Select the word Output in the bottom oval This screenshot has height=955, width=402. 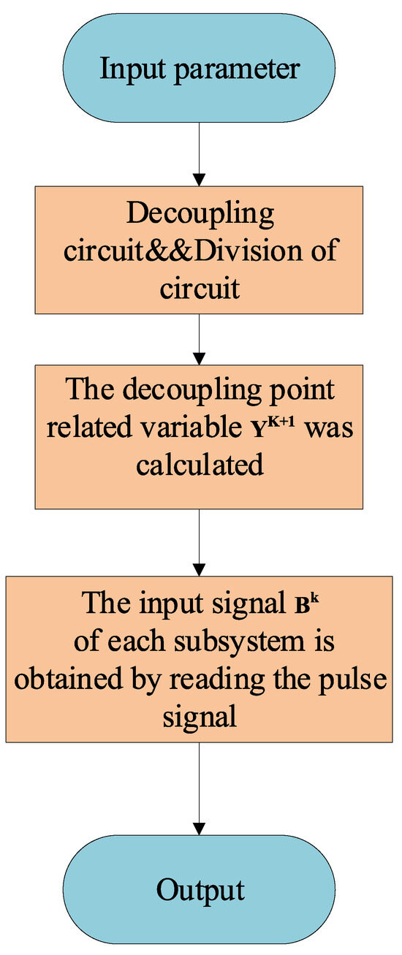click(200, 891)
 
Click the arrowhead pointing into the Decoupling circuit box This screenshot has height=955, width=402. click(200, 179)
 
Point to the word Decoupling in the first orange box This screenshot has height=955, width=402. click(200, 216)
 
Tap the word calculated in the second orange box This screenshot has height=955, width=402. click(200, 463)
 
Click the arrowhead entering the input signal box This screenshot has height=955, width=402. click(200, 568)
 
